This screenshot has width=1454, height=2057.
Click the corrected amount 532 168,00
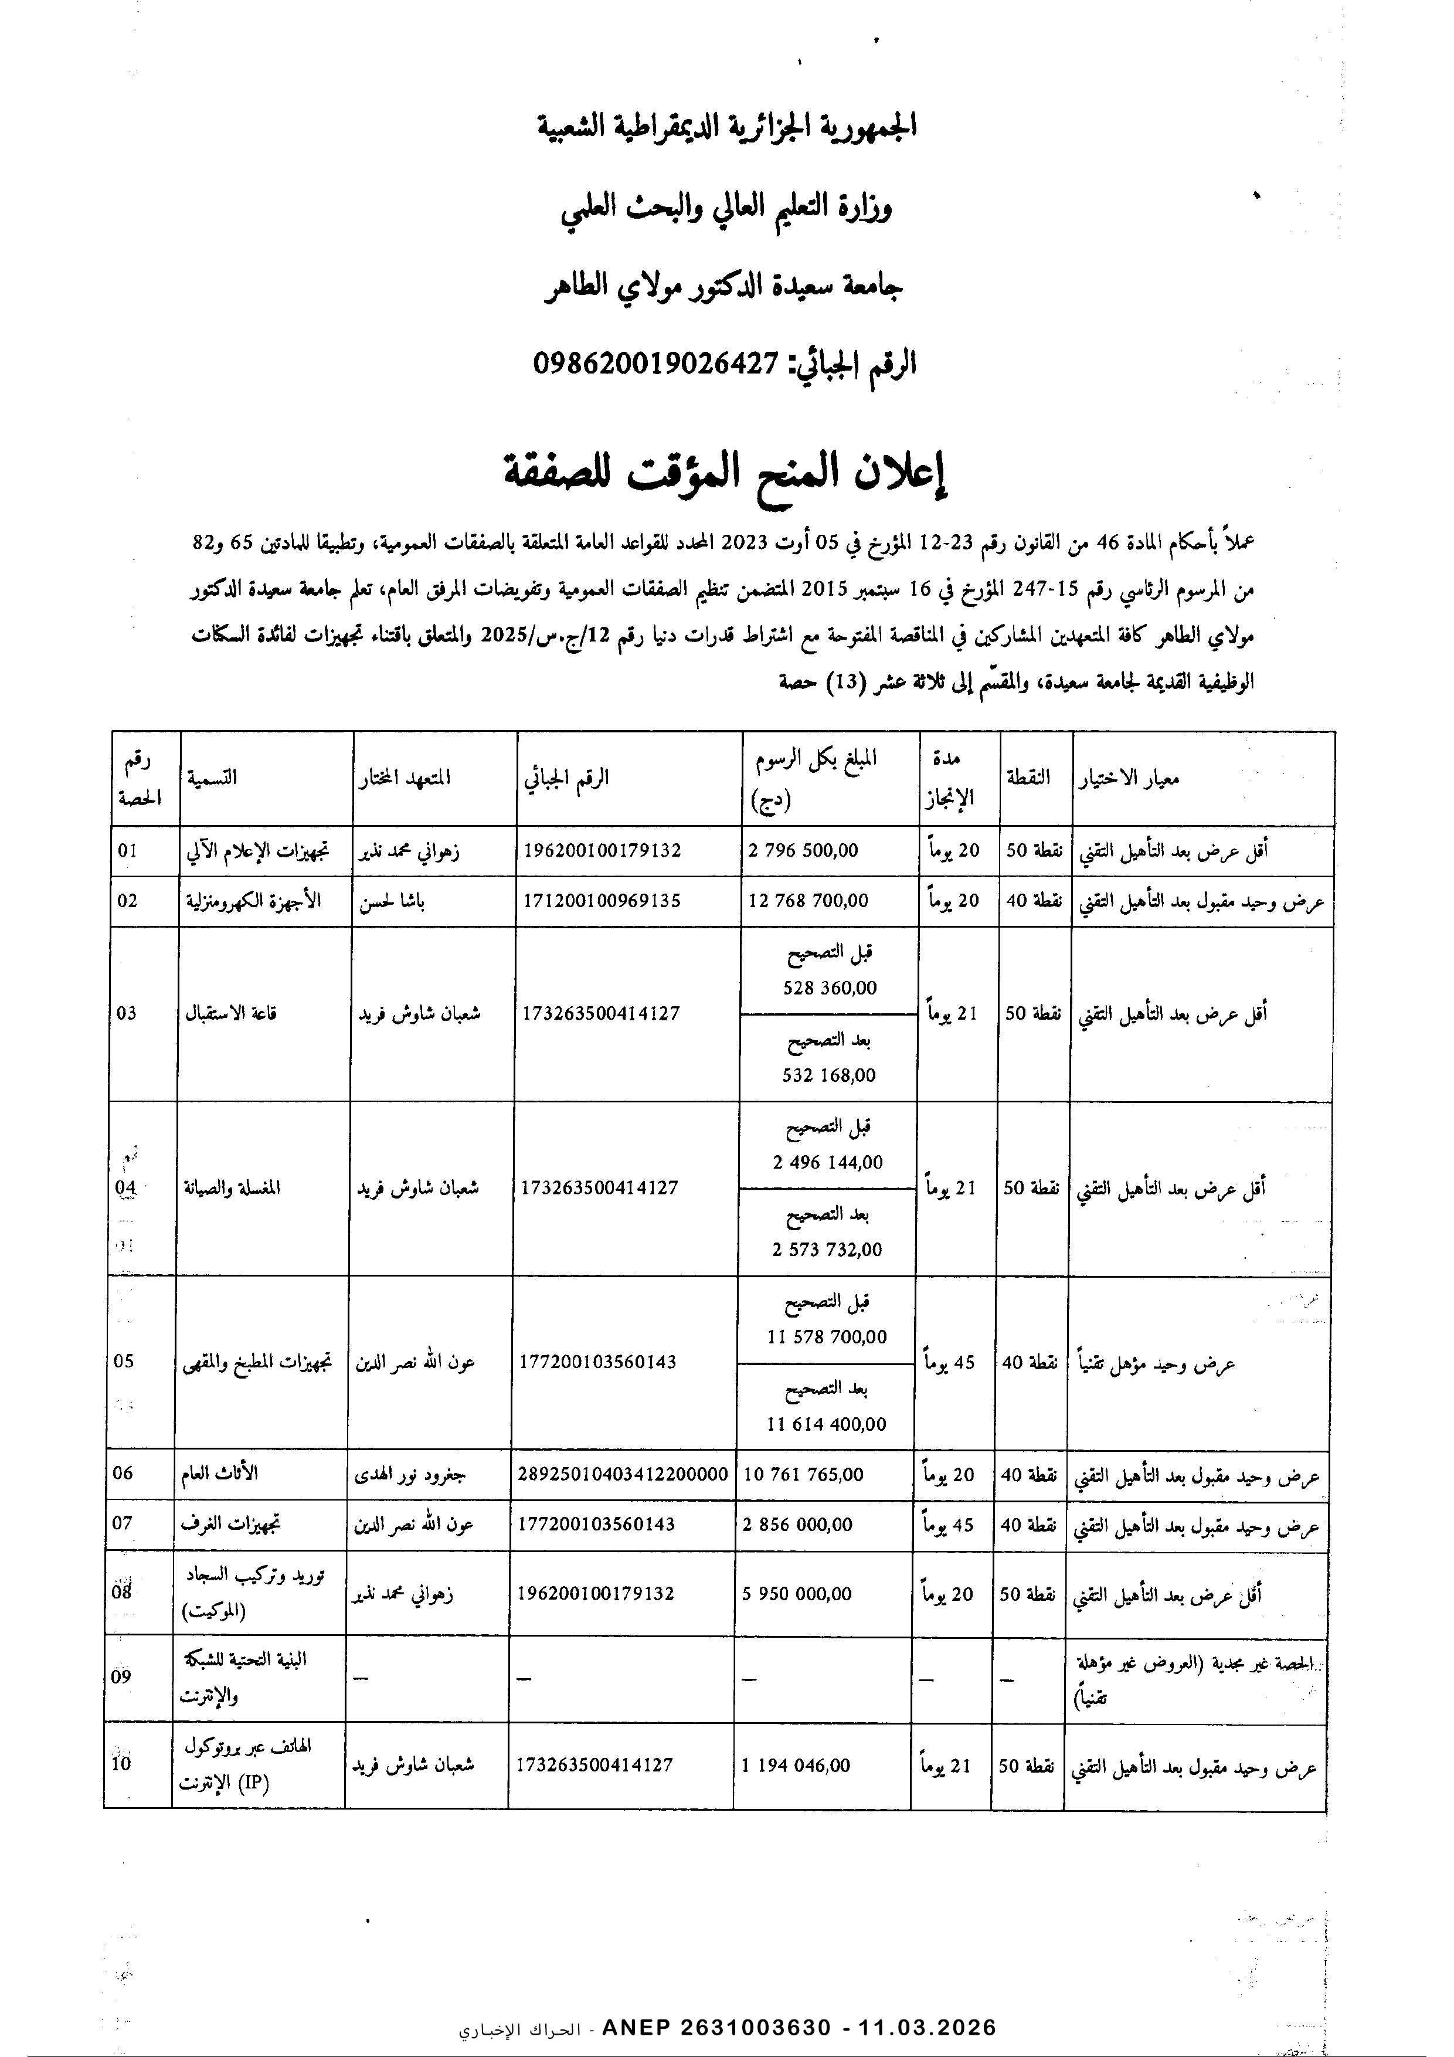(828, 1075)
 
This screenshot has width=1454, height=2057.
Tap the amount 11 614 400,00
(826, 1424)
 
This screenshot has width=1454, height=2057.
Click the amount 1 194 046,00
(796, 1766)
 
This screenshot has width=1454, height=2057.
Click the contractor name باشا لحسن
(392, 901)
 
